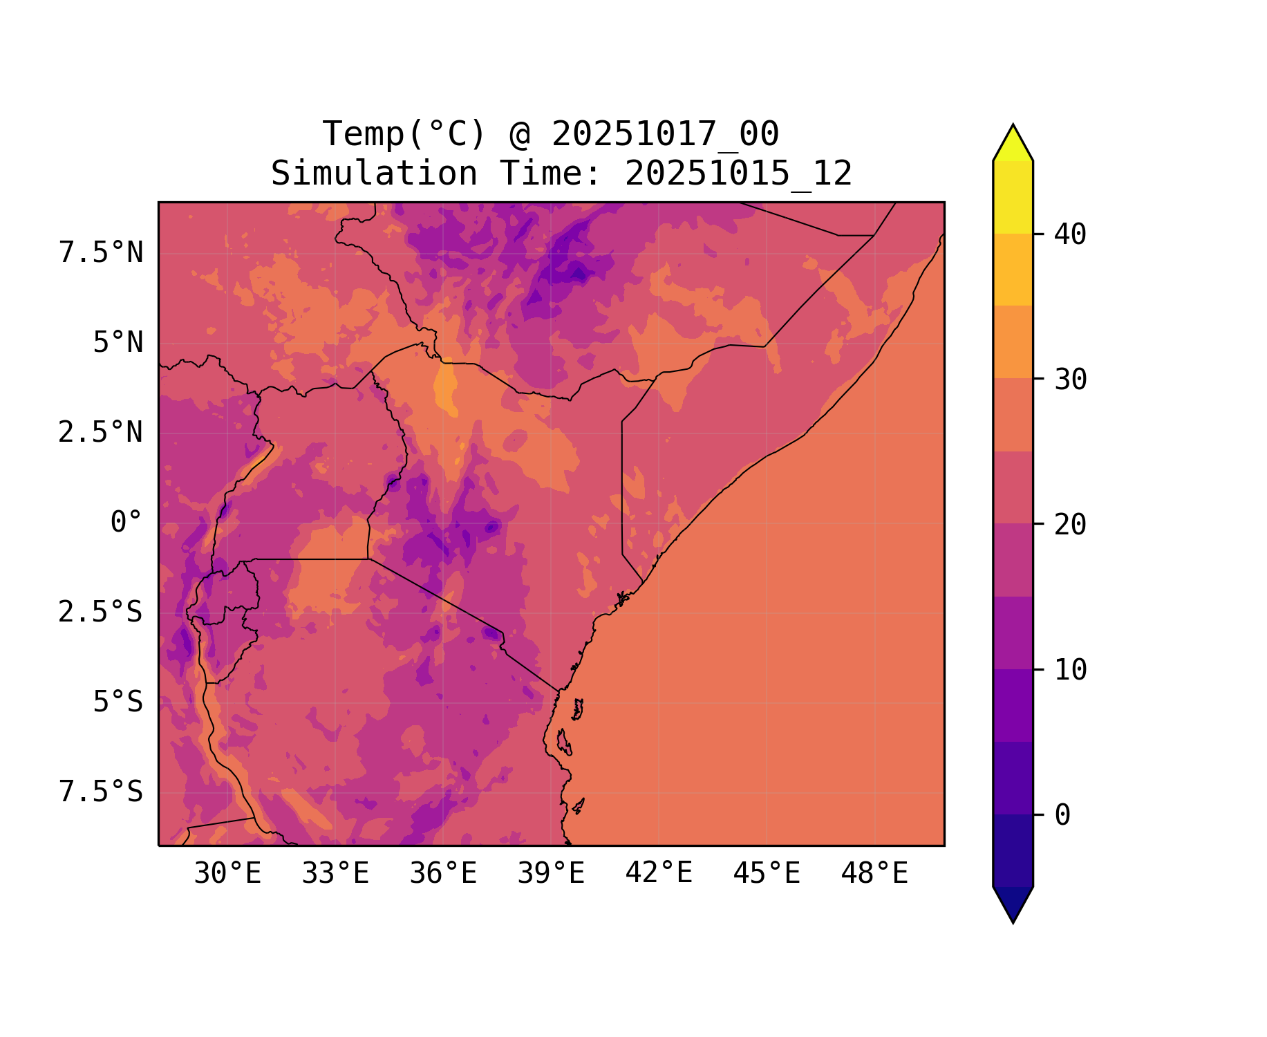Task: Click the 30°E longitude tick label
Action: click(227, 874)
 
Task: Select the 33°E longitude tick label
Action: click(335, 874)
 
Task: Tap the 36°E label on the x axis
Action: click(443, 874)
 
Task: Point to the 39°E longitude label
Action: click(551, 874)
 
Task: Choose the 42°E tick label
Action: click(659, 874)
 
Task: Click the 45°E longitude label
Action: click(767, 874)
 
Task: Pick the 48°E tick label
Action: click(874, 874)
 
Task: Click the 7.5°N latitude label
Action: click(101, 253)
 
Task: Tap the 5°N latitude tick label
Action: click(118, 343)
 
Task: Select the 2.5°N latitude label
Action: click(101, 433)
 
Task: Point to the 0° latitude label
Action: click(126, 523)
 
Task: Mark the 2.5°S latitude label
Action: click(101, 613)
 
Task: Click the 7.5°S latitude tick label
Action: click(101, 792)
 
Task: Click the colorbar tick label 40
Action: click(1070, 234)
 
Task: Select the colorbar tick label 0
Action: click(1062, 816)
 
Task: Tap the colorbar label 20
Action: click(1070, 525)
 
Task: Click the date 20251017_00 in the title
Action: click(665, 134)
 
